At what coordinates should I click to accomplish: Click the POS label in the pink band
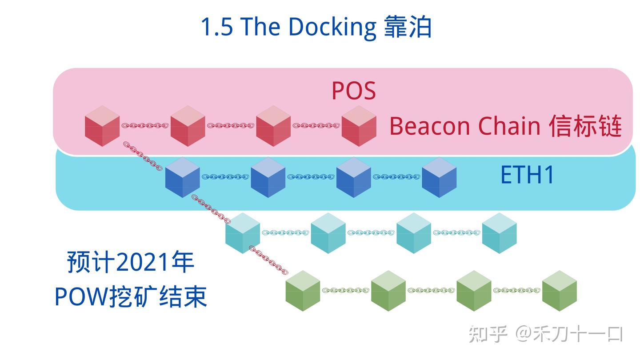[353, 91]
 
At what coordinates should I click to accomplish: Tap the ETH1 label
[527, 175]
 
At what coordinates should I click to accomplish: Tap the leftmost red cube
[102, 126]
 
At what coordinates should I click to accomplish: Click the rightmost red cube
[359, 126]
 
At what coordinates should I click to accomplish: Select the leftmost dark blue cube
[182, 177]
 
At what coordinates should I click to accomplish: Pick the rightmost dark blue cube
[439, 177]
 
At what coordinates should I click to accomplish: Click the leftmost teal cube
[242, 233]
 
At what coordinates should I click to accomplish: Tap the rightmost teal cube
[499, 233]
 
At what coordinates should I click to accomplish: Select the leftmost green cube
[303, 291]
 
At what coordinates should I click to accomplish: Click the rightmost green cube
[559, 291]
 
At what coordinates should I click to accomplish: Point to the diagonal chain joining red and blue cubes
[142, 156]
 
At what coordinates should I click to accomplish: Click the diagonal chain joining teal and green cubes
[268, 260]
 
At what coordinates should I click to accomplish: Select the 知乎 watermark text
[488, 334]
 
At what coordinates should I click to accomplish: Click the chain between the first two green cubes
[345, 291]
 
